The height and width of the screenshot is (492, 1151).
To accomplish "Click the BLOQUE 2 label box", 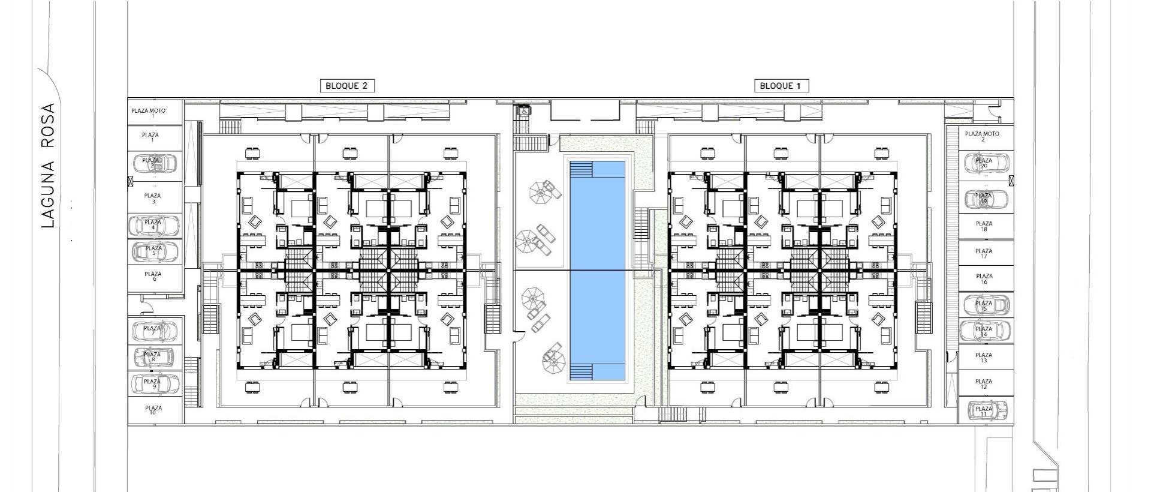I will click(x=347, y=86).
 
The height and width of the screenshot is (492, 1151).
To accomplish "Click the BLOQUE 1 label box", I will click(x=781, y=86).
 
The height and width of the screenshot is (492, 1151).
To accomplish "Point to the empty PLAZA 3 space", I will click(x=153, y=198).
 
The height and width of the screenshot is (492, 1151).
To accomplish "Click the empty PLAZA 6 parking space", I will click(x=154, y=276).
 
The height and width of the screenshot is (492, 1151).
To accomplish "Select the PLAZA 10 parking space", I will click(x=154, y=410).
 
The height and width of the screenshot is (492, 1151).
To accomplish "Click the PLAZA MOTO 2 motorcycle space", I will click(x=982, y=136).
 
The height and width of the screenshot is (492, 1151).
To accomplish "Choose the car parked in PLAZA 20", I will click(x=986, y=163).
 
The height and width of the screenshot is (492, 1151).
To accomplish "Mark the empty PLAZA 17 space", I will click(x=984, y=254).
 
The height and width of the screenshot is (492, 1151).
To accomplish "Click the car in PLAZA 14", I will click(x=985, y=331).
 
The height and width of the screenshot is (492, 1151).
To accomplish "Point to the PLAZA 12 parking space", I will click(x=984, y=383).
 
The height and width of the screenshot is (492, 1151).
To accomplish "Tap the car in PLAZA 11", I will click(x=986, y=411).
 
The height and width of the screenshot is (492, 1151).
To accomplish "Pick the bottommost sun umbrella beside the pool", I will click(x=553, y=359).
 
